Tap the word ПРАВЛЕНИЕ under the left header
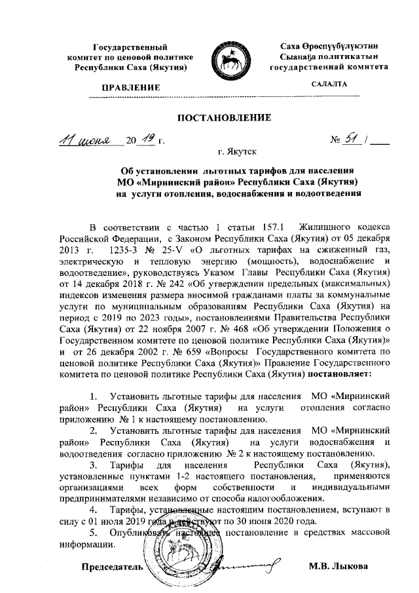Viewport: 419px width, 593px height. click(128, 86)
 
